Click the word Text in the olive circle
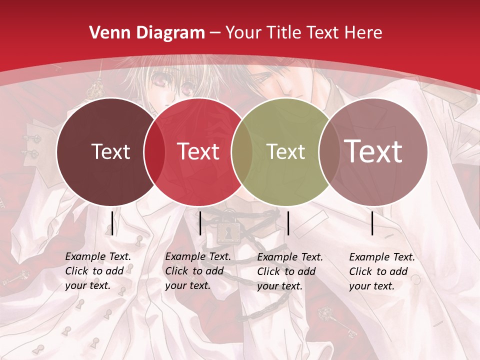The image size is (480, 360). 285,151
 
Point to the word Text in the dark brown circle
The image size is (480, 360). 110,151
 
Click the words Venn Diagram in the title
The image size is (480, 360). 147,33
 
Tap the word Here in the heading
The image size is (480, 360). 363,33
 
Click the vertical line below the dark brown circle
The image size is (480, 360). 112,223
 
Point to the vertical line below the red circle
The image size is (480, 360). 200,223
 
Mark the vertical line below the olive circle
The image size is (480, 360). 288,223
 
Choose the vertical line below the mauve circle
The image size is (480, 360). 372,223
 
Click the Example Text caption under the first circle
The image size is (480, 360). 98,271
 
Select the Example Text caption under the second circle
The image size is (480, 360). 198,271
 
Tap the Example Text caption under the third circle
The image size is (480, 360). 290,271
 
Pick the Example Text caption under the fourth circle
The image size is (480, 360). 382,271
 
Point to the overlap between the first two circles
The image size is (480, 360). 154,151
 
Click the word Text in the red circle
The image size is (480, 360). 198,151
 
